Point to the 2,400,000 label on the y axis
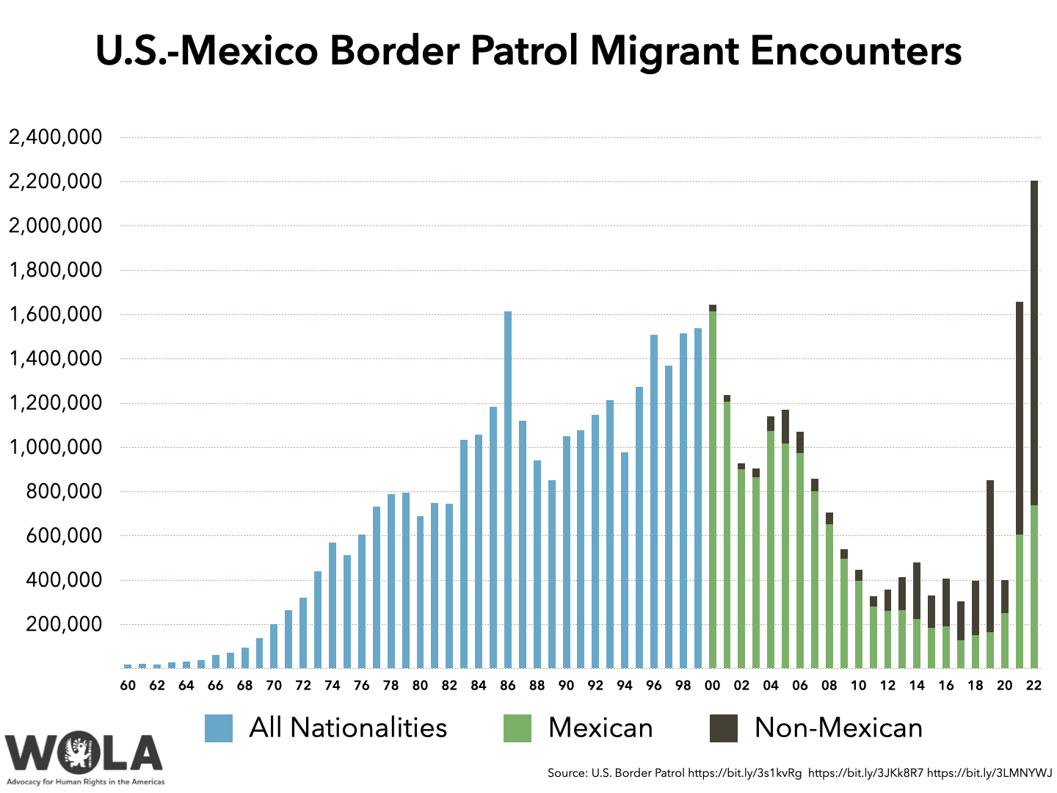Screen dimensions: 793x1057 pyautogui.click(x=55, y=137)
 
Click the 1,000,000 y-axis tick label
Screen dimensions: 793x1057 pyautogui.click(x=55, y=447)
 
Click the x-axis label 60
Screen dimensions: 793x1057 pyautogui.click(x=128, y=686)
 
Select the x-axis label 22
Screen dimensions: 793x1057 pyautogui.click(x=1034, y=686)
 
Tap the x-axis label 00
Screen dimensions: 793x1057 pyautogui.click(x=712, y=686)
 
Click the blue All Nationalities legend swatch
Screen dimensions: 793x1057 pyautogui.click(x=219, y=728)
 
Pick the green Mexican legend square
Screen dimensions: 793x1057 pyautogui.click(x=517, y=728)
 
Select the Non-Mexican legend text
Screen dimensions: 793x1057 pyautogui.click(x=838, y=728)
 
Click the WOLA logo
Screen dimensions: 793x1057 pyautogui.click(x=84, y=756)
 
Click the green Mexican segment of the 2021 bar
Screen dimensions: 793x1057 pyautogui.click(x=1020, y=601)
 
